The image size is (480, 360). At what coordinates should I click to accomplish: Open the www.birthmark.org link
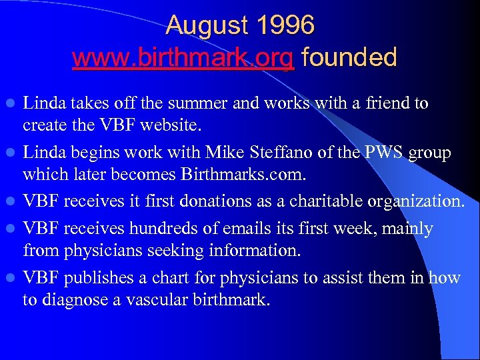(x=183, y=57)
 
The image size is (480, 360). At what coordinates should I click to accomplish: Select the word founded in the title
(x=349, y=57)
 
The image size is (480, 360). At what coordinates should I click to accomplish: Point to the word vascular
(x=156, y=299)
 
